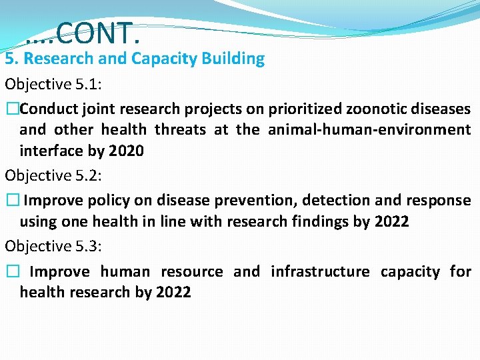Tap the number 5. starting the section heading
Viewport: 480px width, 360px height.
12,59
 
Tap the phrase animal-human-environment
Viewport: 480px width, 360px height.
369,130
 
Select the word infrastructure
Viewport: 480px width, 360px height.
319,272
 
